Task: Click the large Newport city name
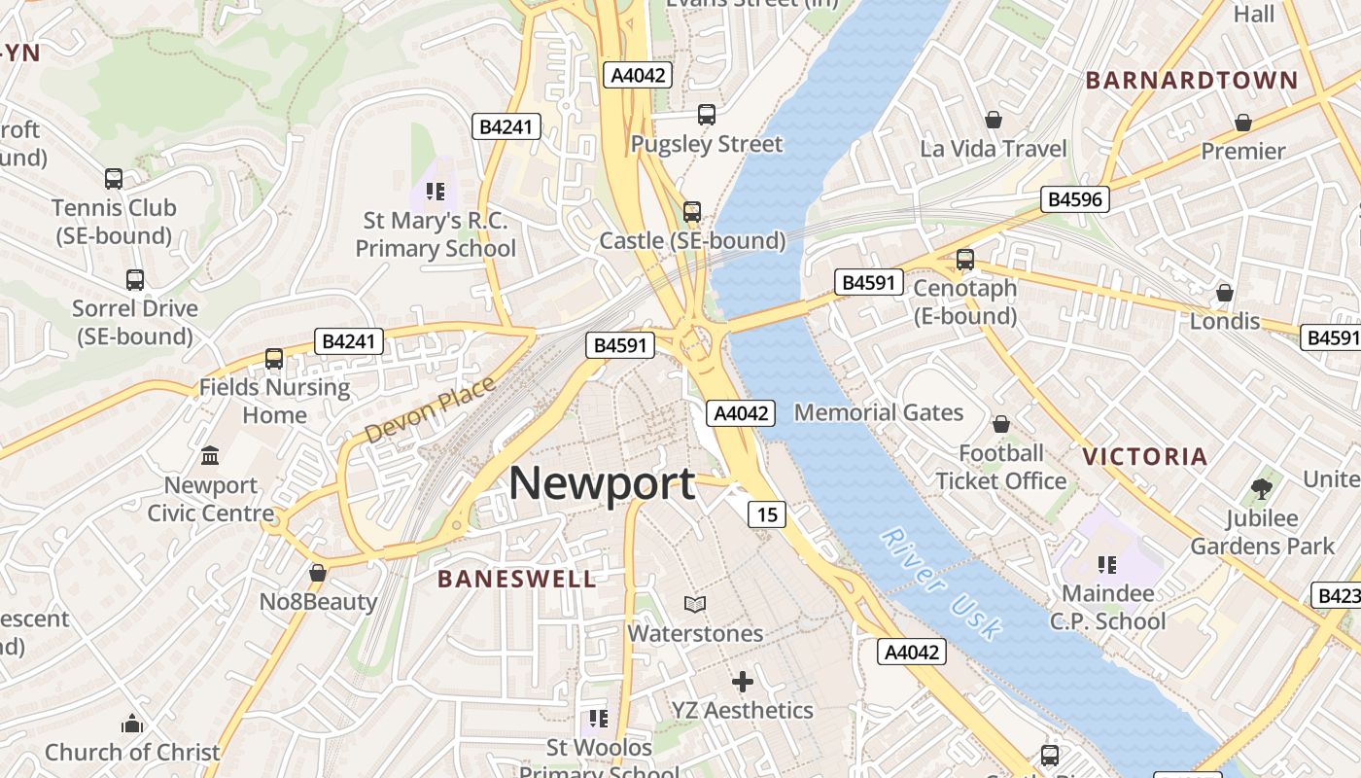pos(602,483)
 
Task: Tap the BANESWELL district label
pos(516,580)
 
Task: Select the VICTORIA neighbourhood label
pos(1144,456)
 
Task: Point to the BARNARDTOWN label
pos(1192,81)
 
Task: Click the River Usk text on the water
pos(941,584)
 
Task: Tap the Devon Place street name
pos(430,410)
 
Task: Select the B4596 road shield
pos(1074,199)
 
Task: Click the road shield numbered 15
pos(767,513)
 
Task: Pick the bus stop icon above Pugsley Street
pos(707,115)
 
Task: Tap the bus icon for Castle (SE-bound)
pos(692,211)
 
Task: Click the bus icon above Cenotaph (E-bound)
pos(965,260)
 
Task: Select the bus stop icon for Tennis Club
pos(114,179)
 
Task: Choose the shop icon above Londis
pos(1225,293)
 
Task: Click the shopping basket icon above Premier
pos(1242,123)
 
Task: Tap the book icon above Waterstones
pos(694,605)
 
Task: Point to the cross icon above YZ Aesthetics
pos(743,682)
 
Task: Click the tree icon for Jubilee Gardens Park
pos(1262,489)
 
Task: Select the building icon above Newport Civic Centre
pos(210,455)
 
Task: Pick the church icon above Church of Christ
pos(132,724)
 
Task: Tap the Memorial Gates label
pos(879,412)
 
